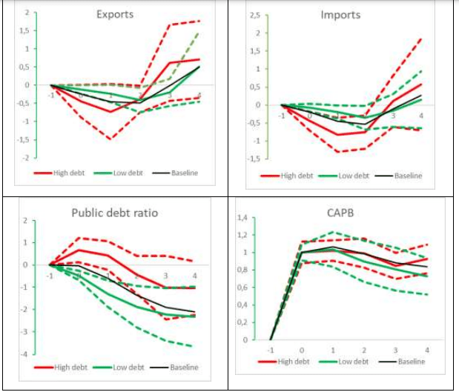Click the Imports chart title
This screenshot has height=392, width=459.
pos(340,15)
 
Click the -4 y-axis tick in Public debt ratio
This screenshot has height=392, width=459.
pos(24,354)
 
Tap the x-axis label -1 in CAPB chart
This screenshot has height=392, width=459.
pos(271,350)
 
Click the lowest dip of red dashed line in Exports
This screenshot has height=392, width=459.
pos(110,139)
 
